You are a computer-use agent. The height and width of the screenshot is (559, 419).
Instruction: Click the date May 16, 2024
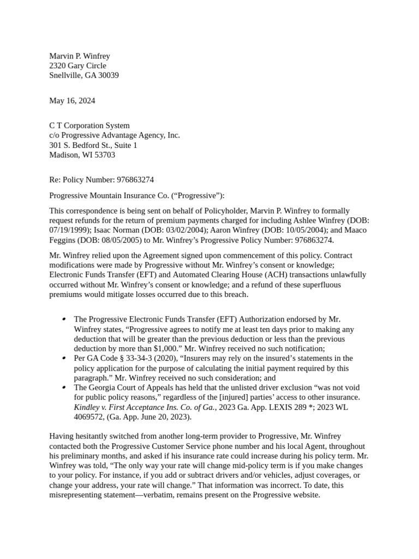72,100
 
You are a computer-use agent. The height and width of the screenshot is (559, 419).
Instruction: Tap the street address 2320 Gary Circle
77,66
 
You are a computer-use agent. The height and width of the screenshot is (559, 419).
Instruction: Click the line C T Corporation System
89,126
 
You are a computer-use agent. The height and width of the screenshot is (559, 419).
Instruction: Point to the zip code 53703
104,155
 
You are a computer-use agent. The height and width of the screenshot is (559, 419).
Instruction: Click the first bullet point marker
64,319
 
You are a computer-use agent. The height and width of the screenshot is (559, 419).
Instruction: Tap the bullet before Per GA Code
64,358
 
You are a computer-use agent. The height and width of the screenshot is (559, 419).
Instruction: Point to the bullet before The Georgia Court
64,388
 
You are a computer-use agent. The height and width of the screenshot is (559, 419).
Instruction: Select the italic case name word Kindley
87,407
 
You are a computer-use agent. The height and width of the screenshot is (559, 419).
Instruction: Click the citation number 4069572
90,417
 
